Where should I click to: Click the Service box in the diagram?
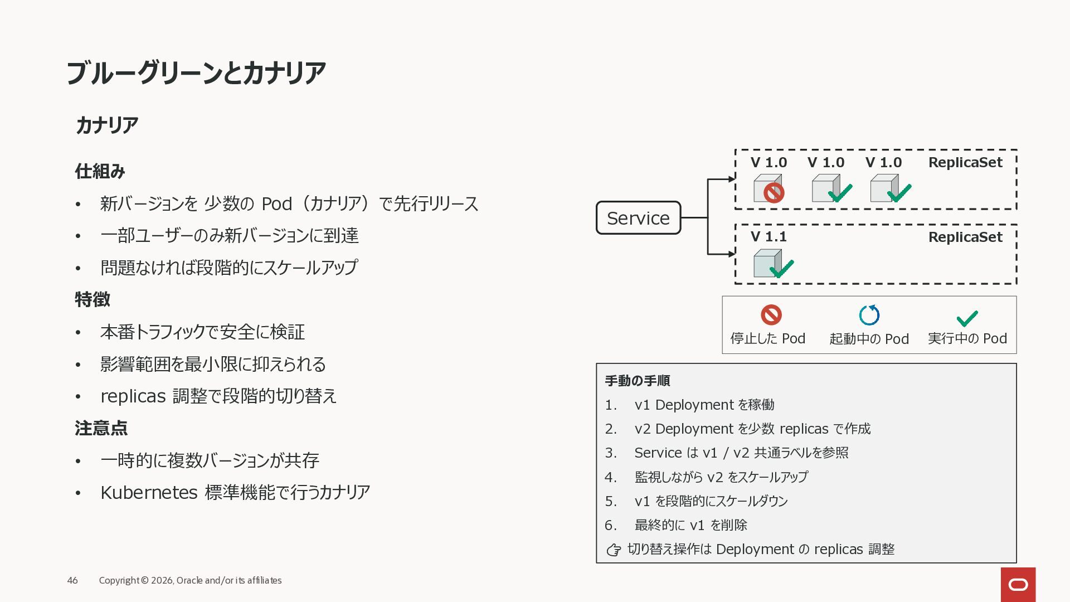(638, 218)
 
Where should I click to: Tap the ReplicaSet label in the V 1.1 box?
(965, 237)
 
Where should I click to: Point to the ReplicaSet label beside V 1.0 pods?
(965, 162)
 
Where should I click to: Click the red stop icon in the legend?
(771, 315)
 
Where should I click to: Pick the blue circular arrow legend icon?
(869, 315)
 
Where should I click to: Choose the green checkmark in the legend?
(967, 318)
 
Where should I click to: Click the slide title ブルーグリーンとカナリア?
(196, 73)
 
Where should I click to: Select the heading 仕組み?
(100, 171)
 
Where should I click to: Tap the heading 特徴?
(93, 299)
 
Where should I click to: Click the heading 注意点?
(101, 428)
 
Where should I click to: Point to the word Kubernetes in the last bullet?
(149, 493)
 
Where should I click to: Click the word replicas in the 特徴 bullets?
(133, 396)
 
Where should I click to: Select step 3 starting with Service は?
(741, 453)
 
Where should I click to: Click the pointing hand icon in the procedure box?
(614, 550)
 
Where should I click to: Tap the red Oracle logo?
(1018, 585)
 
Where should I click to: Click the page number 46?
(72, 580)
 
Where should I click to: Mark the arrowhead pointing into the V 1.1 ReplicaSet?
(732, 254)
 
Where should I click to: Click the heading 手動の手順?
(637, 381)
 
